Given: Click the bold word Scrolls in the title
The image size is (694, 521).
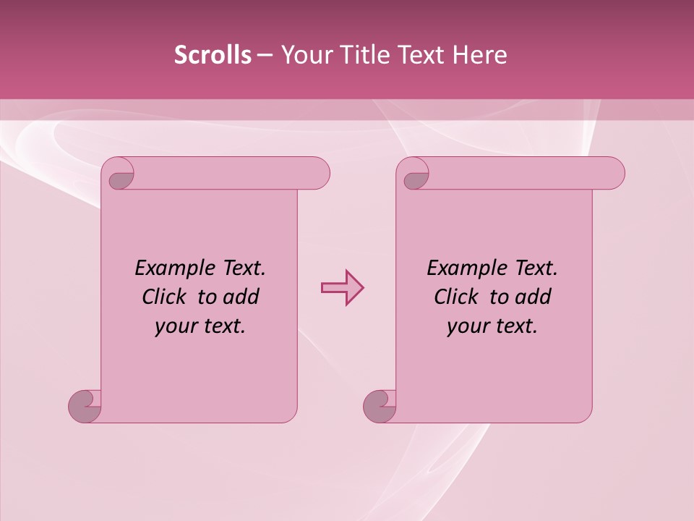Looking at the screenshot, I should pyautogui.click(x=213, y=55).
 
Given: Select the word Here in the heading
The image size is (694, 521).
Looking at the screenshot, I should pyautogui.click(x=480, y=55).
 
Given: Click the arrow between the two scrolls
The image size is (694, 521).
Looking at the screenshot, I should pyautogui.click(x=342, y=288).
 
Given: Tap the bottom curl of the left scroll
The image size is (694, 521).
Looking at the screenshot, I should pyautogui.click(x=84, y=407).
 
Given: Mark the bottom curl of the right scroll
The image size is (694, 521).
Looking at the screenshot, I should pyautogui.click(x=379, y=407).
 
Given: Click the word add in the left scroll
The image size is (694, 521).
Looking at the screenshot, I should pyautogui.click(x=242, y=297).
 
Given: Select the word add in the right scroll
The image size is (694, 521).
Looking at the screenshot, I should pyautogui.click(x=534, y=297).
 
